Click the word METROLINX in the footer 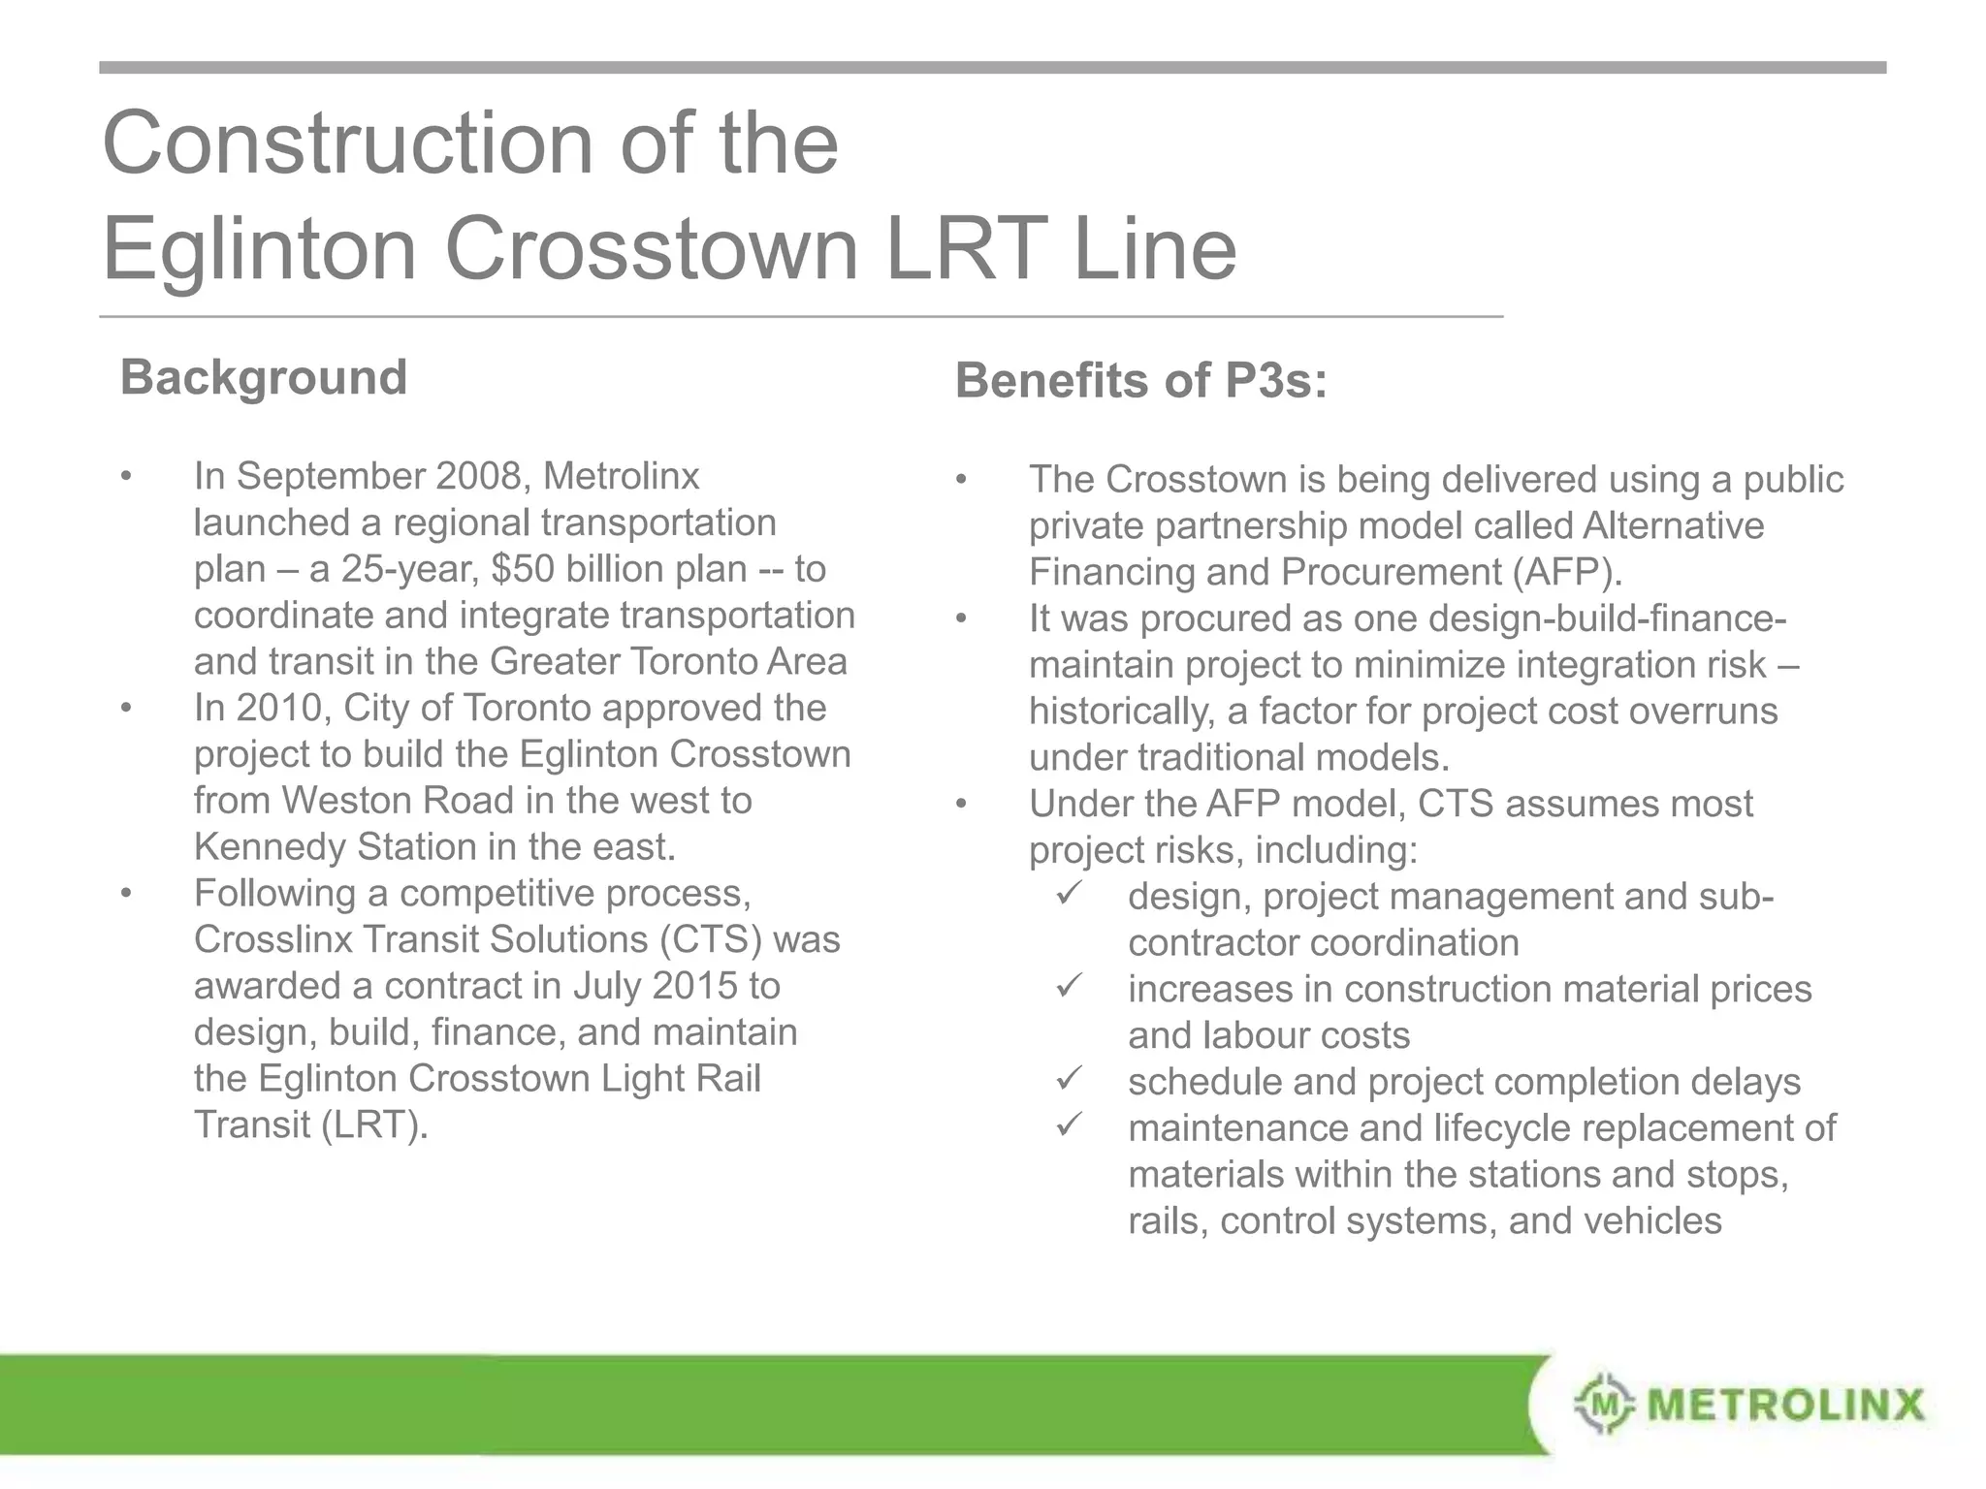point(1786,1404)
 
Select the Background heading point(263,377)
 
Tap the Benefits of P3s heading point(1140,380)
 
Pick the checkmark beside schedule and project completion point(1069,1078)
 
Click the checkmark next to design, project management point(1069,893)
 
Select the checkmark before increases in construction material point(1069,986)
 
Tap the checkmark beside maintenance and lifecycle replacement point(1069,1125)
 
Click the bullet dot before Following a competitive point(126,893)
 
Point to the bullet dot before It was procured point(961,618)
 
